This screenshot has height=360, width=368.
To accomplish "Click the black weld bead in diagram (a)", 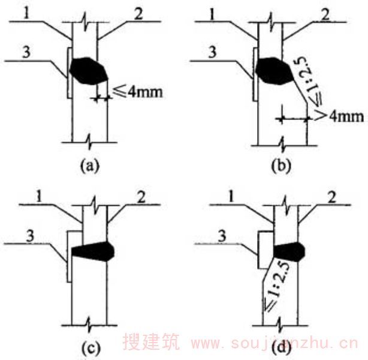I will coord(89,71).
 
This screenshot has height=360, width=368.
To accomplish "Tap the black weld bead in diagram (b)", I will coord(275,71).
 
